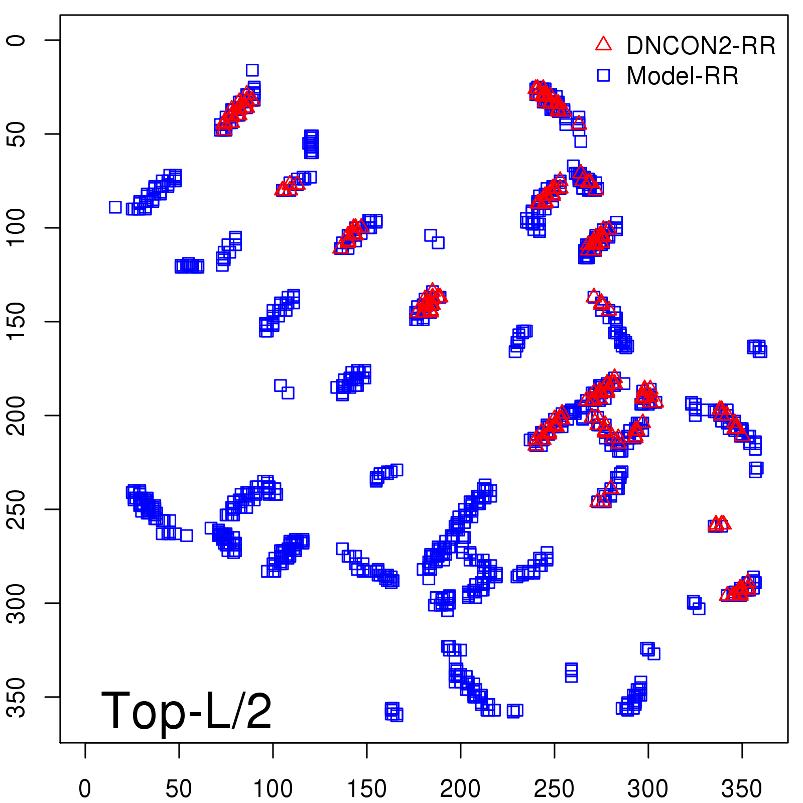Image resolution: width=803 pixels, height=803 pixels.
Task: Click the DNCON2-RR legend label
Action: (701, 46)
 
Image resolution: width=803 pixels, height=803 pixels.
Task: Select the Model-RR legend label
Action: (683, 76)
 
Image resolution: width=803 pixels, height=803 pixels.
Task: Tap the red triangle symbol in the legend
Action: (603, 44)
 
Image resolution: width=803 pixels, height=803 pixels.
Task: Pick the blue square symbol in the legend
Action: (603, 75)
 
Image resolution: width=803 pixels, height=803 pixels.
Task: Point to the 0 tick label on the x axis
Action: (85, 788)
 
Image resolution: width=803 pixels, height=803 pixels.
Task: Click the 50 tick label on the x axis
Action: (179, 788)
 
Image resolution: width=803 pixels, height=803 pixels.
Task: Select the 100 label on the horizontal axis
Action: (273, 788)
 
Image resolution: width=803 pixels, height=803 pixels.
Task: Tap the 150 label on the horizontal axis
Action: (366, 788)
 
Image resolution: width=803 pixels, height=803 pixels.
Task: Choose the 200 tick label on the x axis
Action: (460, 788)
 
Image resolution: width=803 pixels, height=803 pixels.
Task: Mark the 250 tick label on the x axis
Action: (554, 788)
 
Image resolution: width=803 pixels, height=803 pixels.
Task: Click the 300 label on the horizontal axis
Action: (648, 788)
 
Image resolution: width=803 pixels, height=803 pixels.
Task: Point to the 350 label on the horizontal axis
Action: (742, 788)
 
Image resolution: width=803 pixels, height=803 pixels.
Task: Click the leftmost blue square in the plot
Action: (115, 207)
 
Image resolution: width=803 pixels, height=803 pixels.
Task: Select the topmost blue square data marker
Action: (252, 70)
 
